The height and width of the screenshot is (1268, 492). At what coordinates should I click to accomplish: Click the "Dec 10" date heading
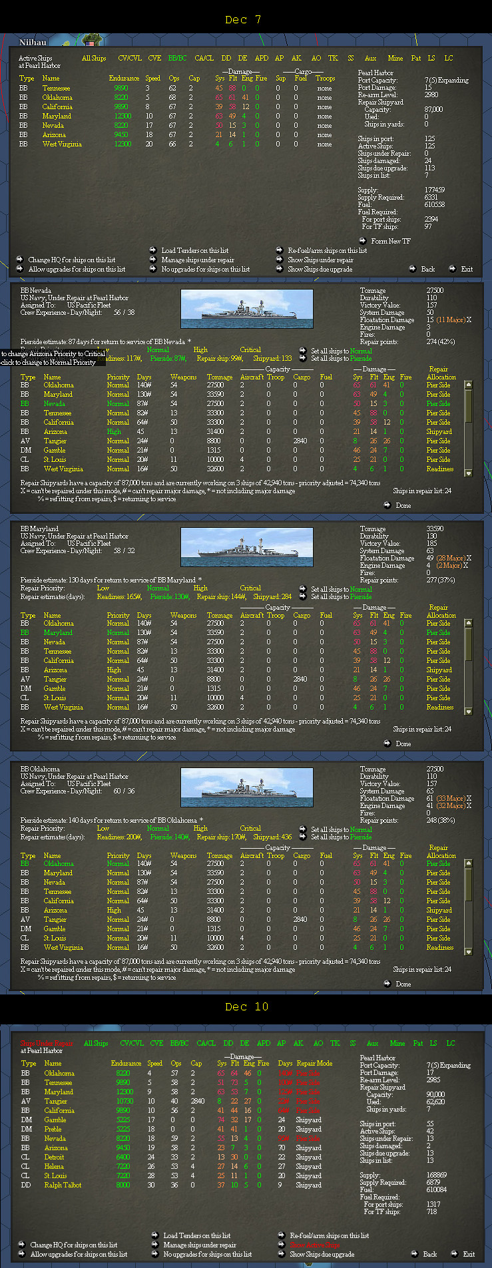246,1006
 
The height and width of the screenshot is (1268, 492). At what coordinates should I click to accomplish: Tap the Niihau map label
33,43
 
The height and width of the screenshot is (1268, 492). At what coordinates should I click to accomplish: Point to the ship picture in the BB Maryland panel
246,547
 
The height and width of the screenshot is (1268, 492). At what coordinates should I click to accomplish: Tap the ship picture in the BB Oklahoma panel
246,787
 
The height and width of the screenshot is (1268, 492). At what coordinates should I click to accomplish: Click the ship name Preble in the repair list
53,1129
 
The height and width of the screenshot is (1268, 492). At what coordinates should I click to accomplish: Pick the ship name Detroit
54,1157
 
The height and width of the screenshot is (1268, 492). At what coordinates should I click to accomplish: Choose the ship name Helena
54,1166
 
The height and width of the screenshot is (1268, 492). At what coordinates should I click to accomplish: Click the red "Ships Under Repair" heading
46,1043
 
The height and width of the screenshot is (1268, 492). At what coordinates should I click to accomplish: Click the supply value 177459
434,190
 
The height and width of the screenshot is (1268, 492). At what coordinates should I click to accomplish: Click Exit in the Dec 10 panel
469,1254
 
